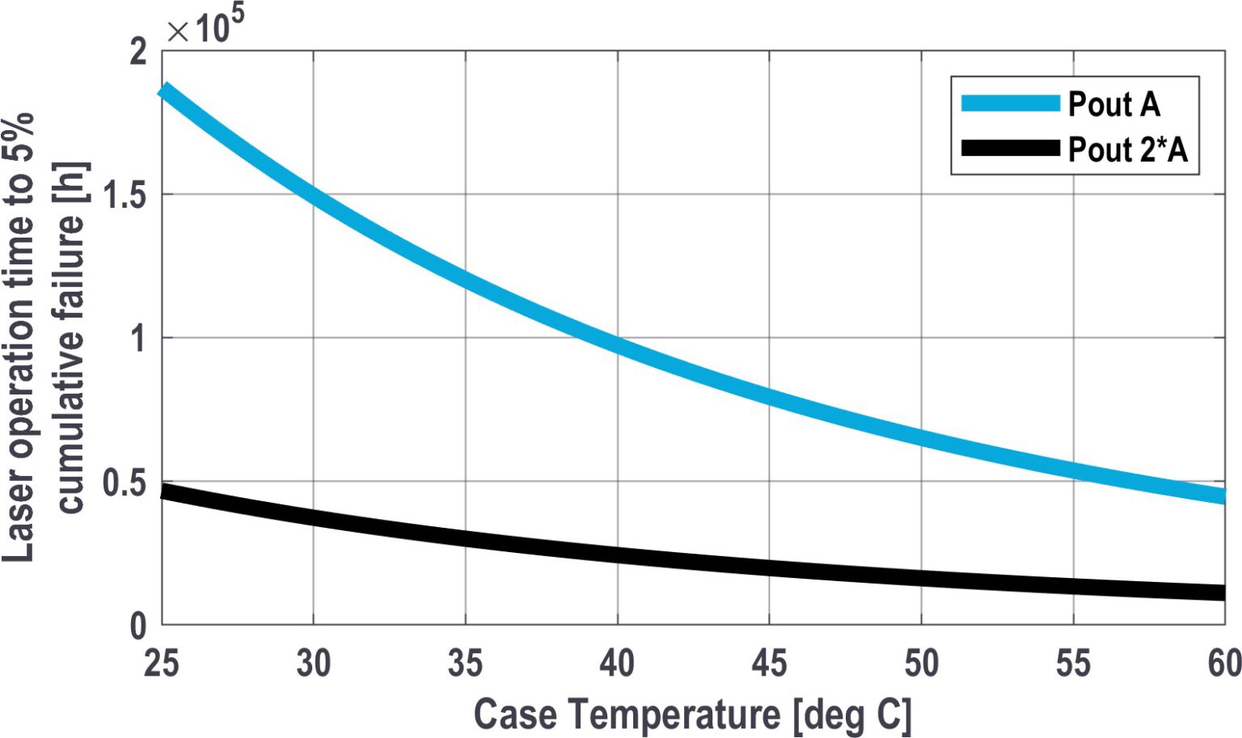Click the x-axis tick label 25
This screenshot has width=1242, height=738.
point(161,663)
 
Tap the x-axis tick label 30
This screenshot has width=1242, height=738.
point(313,663)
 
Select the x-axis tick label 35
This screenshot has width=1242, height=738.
point(465,663)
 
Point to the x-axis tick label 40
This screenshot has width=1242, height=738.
point(617,663)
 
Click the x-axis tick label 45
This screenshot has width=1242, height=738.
point(769,663)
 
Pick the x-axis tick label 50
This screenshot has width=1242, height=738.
point(921,663)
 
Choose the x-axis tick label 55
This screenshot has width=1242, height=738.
point(1073,663)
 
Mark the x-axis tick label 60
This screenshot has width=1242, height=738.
point(1223,663)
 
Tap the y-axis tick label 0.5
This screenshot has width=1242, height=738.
point(125,483)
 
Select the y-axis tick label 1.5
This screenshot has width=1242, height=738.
point(125,195)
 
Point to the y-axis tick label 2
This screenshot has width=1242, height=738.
point(138,52)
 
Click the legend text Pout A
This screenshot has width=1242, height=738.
point(1113,104)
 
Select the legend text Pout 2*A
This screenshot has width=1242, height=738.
point(1127,150)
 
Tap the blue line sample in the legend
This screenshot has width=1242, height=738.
point(1010,103)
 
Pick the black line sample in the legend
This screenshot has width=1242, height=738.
point(1010,148)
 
